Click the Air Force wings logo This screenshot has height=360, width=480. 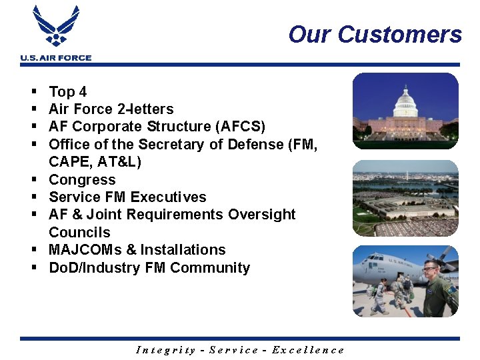[56, 27]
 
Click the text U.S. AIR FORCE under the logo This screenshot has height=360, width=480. [56, 58]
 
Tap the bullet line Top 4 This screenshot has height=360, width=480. [67, 92]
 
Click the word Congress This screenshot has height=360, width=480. [82, 180]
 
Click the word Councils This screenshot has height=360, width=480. [79, 233]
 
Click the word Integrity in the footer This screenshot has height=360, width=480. [166, 350]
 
